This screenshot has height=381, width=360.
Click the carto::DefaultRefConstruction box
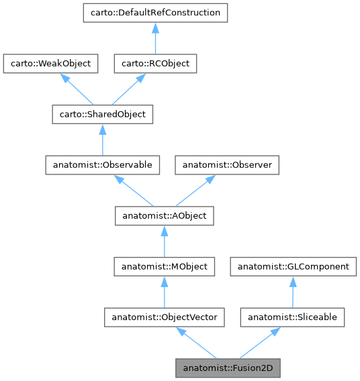154,13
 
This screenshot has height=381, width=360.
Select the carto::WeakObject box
51,64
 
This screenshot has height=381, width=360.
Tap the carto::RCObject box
154,64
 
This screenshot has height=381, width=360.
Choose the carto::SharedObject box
102,115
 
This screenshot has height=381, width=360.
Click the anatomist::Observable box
102,165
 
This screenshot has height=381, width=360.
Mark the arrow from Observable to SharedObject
102,140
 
